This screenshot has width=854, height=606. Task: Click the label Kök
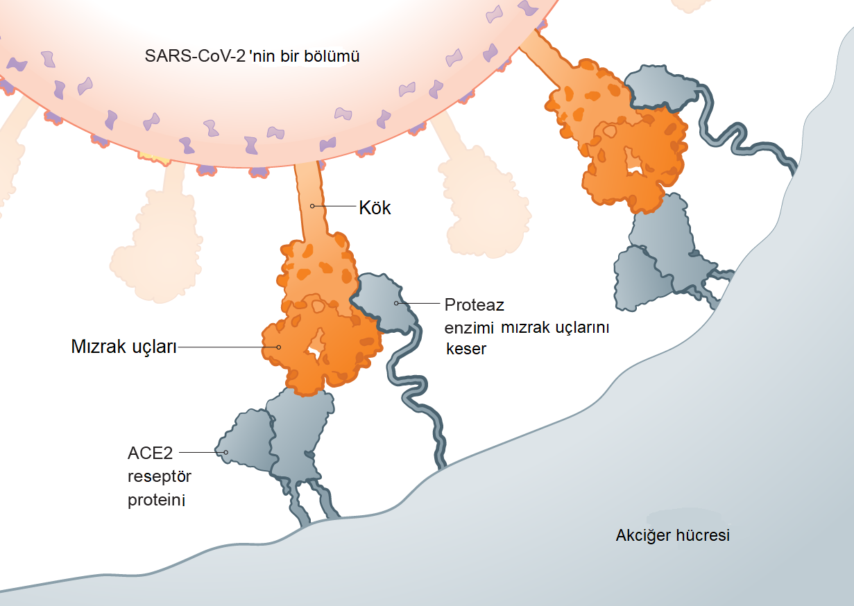click(375, 207)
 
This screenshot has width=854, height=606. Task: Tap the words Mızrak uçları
click(123, 347)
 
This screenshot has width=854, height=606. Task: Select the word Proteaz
click(474, 304)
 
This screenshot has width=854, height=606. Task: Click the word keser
click(466, 349)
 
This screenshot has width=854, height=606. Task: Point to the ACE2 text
click(149, 453)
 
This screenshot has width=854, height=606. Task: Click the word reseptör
click(159, 477)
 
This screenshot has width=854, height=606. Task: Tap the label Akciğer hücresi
click(672, 535)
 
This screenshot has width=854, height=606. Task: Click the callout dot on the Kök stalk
click(313, 206)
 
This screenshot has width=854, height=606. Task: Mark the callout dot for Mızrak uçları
click(278, 347)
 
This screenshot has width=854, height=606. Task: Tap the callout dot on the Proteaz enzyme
click(397, 303)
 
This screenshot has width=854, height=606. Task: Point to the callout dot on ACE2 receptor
click(225, 452)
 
